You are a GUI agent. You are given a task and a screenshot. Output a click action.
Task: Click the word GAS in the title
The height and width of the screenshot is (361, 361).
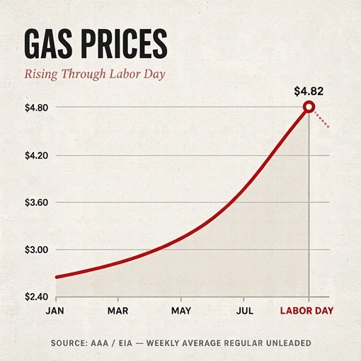point(48,44)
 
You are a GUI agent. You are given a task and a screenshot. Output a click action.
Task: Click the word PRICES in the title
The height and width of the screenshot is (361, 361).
point(125,44)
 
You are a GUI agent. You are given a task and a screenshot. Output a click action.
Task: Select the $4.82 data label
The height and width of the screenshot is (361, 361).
point(309,91)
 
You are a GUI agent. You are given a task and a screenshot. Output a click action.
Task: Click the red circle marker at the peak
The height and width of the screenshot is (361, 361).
point(309,107)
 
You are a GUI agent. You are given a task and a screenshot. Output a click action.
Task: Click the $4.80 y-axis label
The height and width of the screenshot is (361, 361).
point(36,108)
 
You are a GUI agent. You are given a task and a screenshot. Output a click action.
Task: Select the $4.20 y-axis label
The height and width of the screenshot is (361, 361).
point(36,156)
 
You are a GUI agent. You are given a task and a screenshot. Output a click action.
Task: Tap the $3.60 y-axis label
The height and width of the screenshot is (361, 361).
point(36,202)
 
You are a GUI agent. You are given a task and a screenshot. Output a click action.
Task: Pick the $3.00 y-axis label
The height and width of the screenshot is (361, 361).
point(36,250)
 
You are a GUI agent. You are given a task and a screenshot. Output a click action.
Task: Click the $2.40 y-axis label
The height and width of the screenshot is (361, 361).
point(36,297)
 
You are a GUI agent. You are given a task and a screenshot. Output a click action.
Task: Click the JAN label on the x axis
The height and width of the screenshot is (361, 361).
point(55,311)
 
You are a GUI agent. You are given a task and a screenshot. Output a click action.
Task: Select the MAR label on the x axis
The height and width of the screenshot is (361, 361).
point(118,311)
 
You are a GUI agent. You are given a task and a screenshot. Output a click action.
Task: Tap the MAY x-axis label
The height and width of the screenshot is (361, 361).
point(181,311)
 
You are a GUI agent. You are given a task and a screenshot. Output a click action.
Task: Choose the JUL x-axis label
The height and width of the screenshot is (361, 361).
point(245,311)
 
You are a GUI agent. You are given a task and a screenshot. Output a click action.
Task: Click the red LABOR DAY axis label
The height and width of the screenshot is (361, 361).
point(306,311)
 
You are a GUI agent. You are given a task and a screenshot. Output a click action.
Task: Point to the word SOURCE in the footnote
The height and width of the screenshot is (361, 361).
point(69,343)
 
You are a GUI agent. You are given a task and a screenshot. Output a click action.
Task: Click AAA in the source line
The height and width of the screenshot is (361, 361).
point(99,343)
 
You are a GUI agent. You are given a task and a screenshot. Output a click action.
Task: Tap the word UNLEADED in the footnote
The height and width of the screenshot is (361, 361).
point(289,343)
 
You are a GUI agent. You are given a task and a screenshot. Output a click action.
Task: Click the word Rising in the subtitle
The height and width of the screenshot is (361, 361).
point(41,74)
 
